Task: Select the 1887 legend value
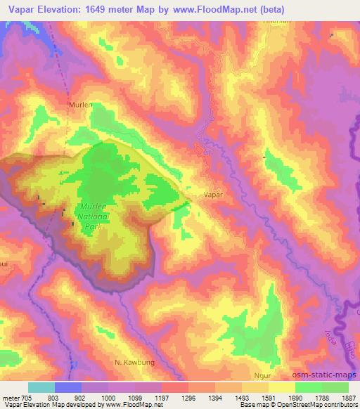click(x=348, y=397)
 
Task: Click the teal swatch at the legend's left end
click(x=41, y=387)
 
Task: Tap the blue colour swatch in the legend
click(x=68, y=387)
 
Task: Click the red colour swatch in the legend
click(x=175, y=387)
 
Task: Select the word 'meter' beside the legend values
click(x=11, y=397)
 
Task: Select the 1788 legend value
click(x=321, y=397)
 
